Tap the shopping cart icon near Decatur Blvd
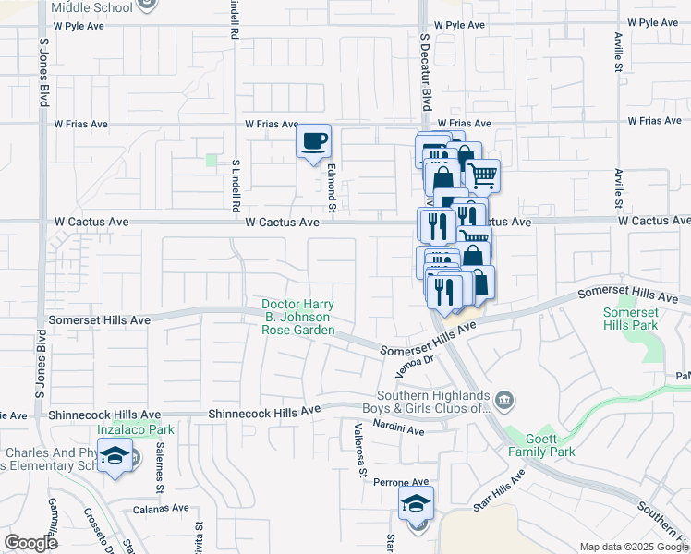(x=482, y=174)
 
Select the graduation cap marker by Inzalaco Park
(x=116, y=457)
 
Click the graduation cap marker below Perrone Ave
(x=416, y=504)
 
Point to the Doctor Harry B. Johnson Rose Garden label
(x=297, y=317)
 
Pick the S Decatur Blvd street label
(x=426, y=74)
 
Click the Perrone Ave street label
(x=401, y=482)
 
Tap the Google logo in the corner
(x=30, y=543)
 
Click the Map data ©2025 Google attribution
(x=633, y=547)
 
